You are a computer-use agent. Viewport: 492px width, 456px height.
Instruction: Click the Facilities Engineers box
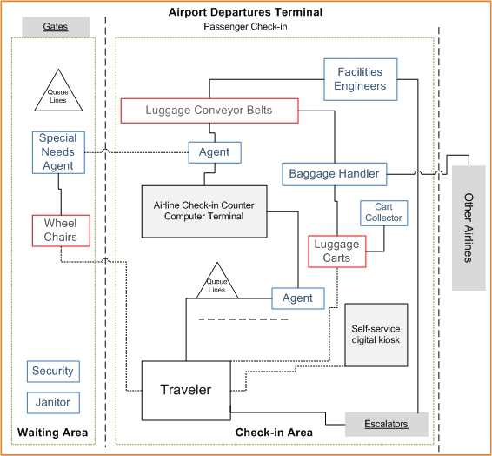361,79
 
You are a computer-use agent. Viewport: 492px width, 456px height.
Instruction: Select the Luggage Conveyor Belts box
209,111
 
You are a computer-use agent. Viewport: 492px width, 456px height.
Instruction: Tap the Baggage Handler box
334,174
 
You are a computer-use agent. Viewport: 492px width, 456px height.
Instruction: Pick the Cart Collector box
383,213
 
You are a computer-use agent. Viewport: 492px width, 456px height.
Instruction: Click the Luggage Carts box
337,251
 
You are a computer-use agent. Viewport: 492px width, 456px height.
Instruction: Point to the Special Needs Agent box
58,152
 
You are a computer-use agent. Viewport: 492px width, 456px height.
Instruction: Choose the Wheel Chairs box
61,231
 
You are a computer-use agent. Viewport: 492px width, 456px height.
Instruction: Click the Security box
53,372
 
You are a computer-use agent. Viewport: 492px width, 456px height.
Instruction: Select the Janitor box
53,403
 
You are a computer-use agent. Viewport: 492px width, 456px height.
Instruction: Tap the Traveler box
186,391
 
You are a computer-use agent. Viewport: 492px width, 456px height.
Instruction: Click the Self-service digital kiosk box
376,335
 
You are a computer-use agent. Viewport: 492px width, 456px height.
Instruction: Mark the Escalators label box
387,425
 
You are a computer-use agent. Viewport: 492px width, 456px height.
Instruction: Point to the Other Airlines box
469,228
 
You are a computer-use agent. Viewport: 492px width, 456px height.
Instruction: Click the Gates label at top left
56,27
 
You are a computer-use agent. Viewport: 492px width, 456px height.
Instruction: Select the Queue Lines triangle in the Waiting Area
58,91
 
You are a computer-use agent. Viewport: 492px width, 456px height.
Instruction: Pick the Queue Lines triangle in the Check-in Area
217,280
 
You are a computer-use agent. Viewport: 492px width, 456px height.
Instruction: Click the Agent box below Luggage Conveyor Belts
215,152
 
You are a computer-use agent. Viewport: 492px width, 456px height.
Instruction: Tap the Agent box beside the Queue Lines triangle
298,298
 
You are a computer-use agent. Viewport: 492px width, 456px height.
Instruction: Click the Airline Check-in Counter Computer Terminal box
204,211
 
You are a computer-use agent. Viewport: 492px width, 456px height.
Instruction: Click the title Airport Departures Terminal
245,12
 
